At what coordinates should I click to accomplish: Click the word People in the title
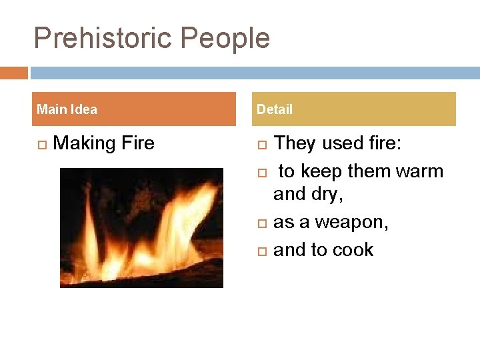[x=226, y=39]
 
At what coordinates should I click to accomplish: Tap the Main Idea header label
[x=67, y=109]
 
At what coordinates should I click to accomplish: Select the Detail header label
[x=275, y=109]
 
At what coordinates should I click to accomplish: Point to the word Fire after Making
[x=137, y=143]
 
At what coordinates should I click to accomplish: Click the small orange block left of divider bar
[x=13, y=73]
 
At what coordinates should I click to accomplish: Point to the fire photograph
[x=141, y=227]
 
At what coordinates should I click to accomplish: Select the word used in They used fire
[x=342, y=143]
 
